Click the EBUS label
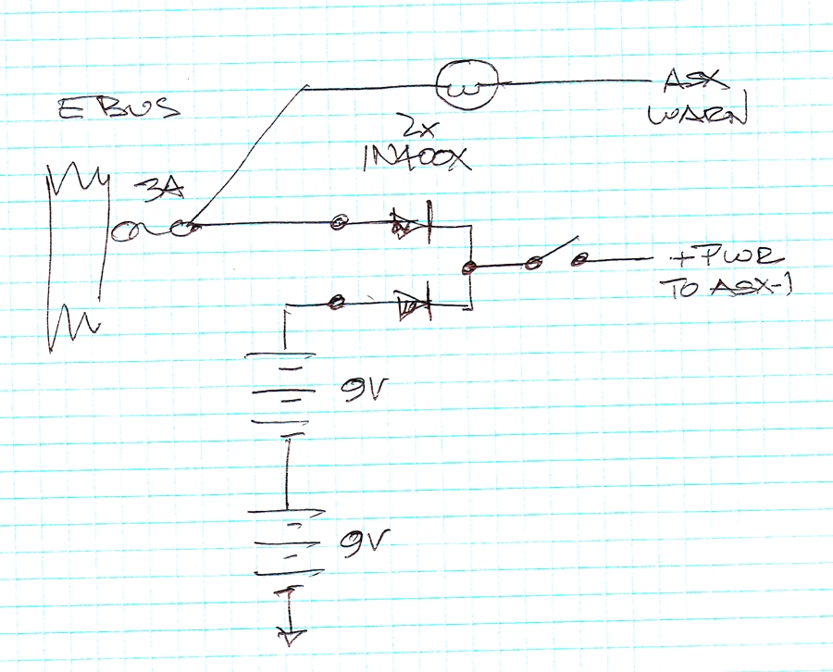coord(117,109)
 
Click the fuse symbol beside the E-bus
coord(152,228)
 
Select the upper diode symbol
coord(409,223)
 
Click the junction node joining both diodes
coord(469,267)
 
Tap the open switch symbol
coord(555,255)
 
